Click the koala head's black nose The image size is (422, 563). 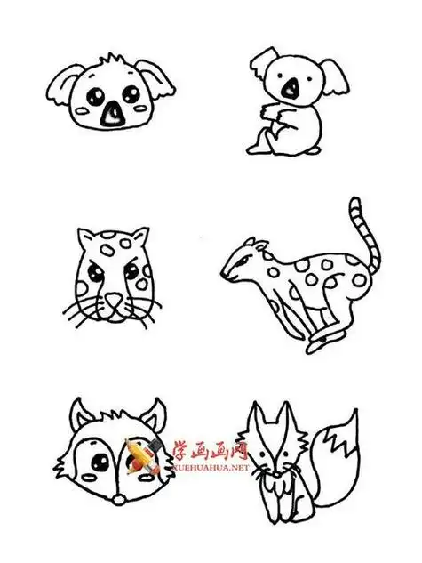coord(113,113)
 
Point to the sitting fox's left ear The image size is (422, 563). coord(255,418)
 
